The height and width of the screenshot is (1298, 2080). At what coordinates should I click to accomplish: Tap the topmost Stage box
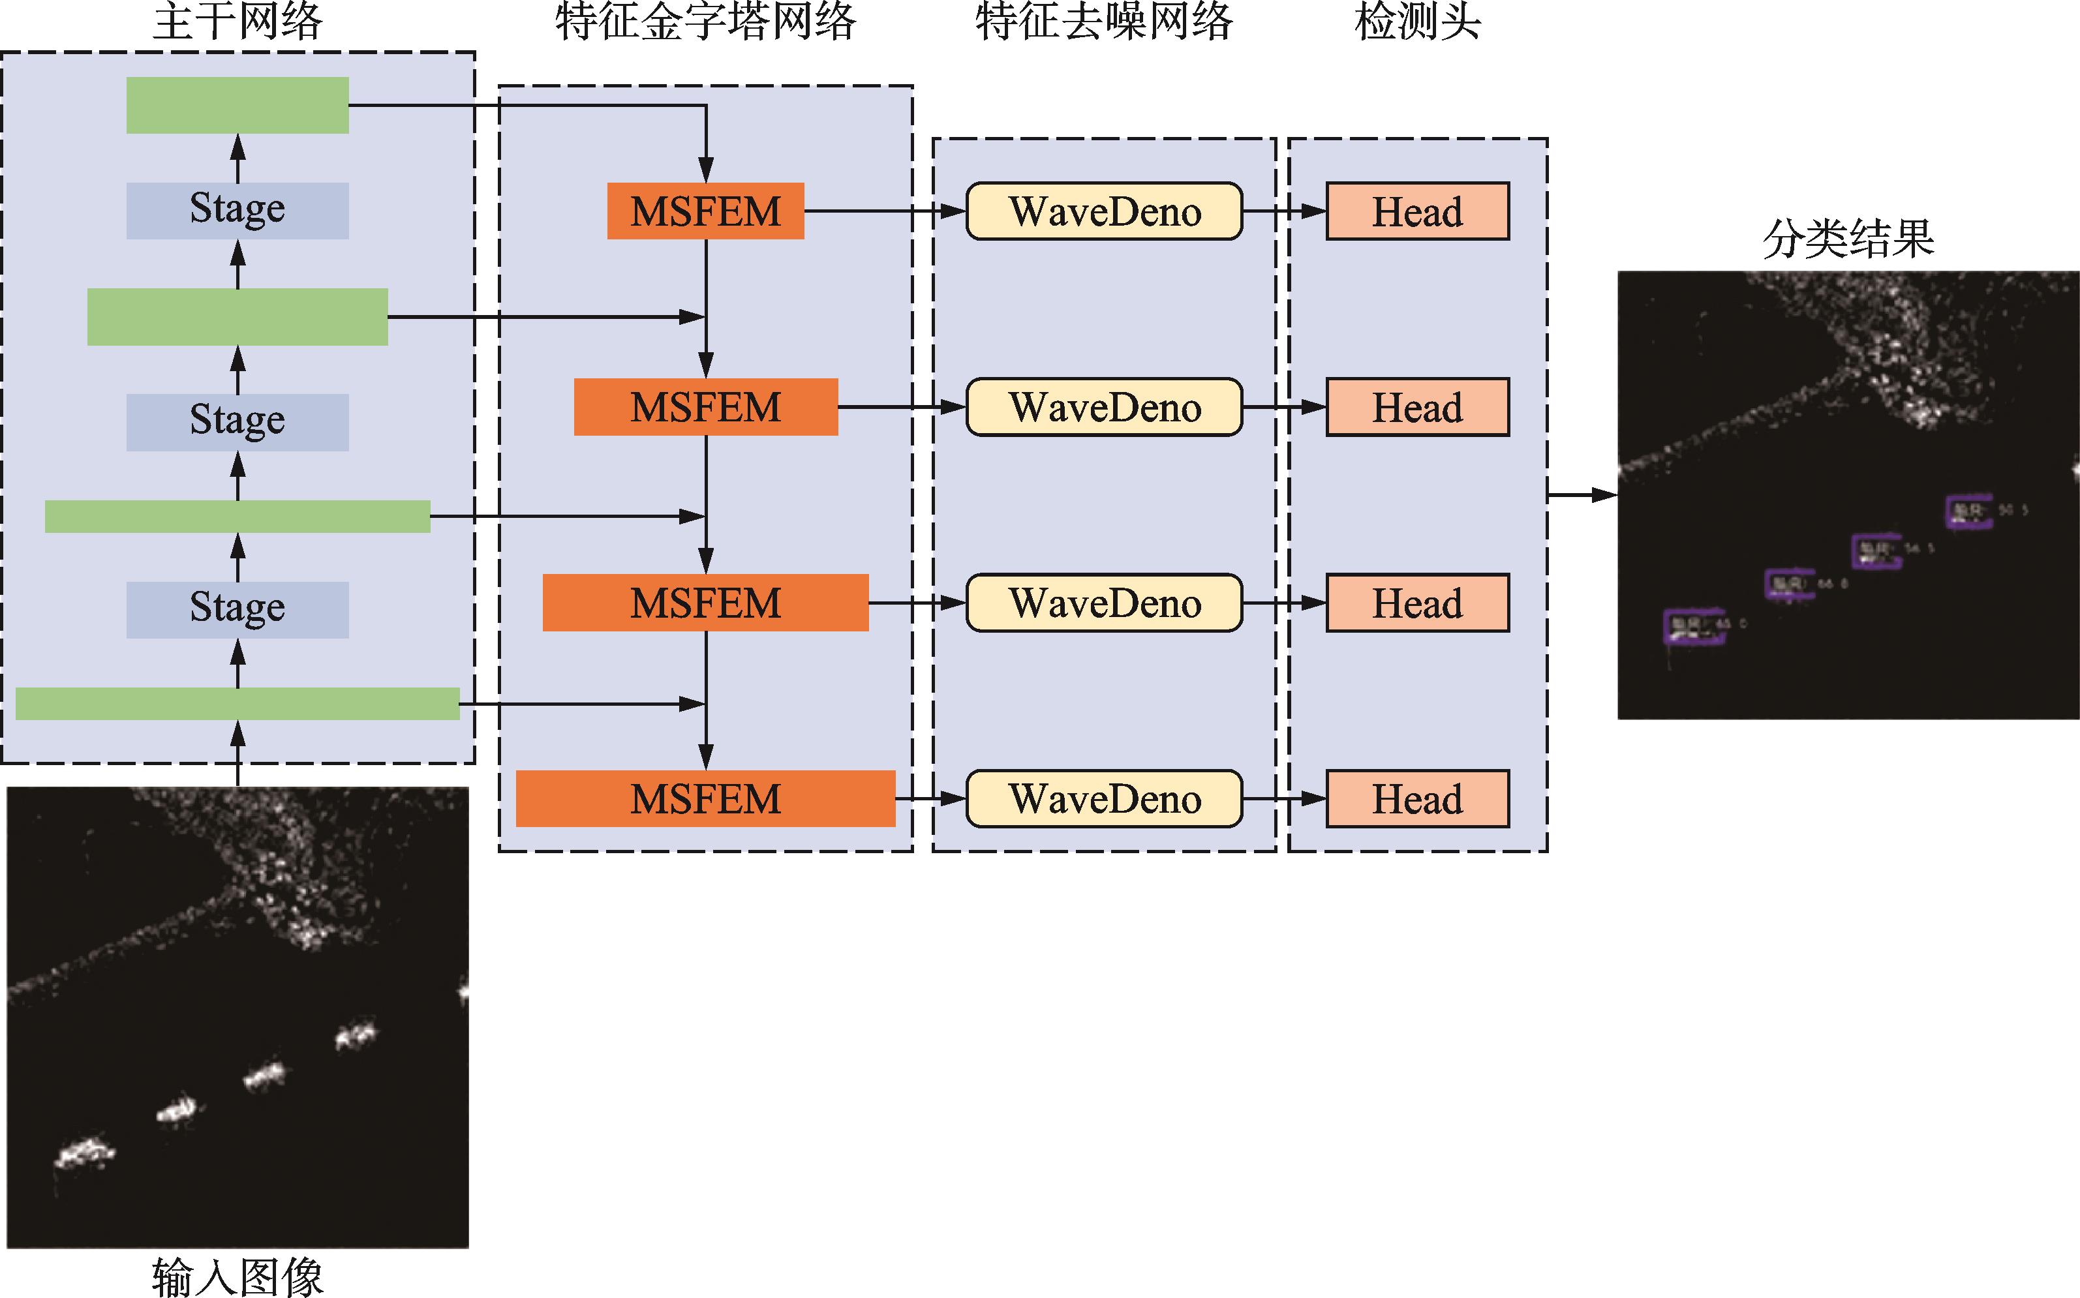pos(237,210)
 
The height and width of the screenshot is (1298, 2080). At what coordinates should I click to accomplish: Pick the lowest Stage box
pos(237,609)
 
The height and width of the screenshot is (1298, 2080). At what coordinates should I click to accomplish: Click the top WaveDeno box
pos(1104,211)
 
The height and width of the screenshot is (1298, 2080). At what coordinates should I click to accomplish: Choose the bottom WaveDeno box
pos(1104,798)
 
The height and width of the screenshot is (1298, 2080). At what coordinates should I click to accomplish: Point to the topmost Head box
pos(1417,211)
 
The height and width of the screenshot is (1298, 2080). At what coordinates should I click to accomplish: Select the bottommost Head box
pos(1417,798)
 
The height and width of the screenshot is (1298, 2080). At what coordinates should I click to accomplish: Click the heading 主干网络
pos(237,22)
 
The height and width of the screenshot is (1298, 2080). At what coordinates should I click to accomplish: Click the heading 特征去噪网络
pos(1104,22)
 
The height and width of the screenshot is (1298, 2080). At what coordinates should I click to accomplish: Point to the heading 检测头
pos(1417,22)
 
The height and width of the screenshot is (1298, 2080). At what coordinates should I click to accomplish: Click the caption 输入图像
pos(237,1276)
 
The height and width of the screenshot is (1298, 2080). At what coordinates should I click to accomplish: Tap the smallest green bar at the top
pos(237,105)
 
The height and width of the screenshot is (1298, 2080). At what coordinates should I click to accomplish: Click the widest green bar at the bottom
pos(237,703)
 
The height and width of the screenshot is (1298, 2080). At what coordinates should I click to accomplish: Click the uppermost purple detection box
pos(1968,511)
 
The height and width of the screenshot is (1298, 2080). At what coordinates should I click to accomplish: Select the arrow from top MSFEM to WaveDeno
pos(884,211)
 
